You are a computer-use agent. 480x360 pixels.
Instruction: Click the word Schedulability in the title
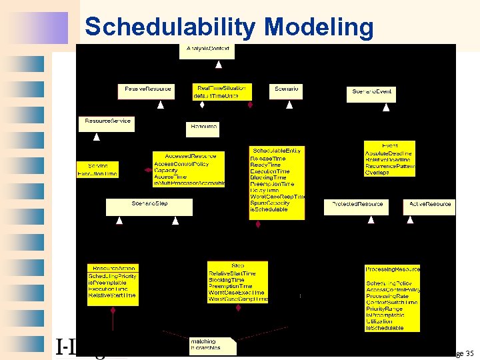click(x=170, y=27)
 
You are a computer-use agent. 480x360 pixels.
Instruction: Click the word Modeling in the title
click(x=319, y=27)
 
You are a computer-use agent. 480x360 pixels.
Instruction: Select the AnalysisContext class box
click(x=207, y=50)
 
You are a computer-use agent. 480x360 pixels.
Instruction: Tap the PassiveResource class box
click(x=147, y=89)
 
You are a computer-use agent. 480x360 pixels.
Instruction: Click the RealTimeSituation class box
click(x=221, y=91)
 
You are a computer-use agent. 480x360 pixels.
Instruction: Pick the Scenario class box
click(x=287, y=89)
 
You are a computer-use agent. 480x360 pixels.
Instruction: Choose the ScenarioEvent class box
click(x=372, y=93)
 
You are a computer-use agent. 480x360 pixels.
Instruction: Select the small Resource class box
click(x=202, y=127)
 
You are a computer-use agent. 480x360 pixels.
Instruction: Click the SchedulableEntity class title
click(x=277, y=151)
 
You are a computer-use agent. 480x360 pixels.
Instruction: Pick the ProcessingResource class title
click(x=392, y=269)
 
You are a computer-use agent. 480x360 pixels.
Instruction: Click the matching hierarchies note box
click(x=212, y=345)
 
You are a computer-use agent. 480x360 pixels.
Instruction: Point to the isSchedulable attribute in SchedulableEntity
click(x=269, y=209)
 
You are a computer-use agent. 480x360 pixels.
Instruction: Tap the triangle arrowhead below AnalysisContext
click(x=218, y=65)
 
